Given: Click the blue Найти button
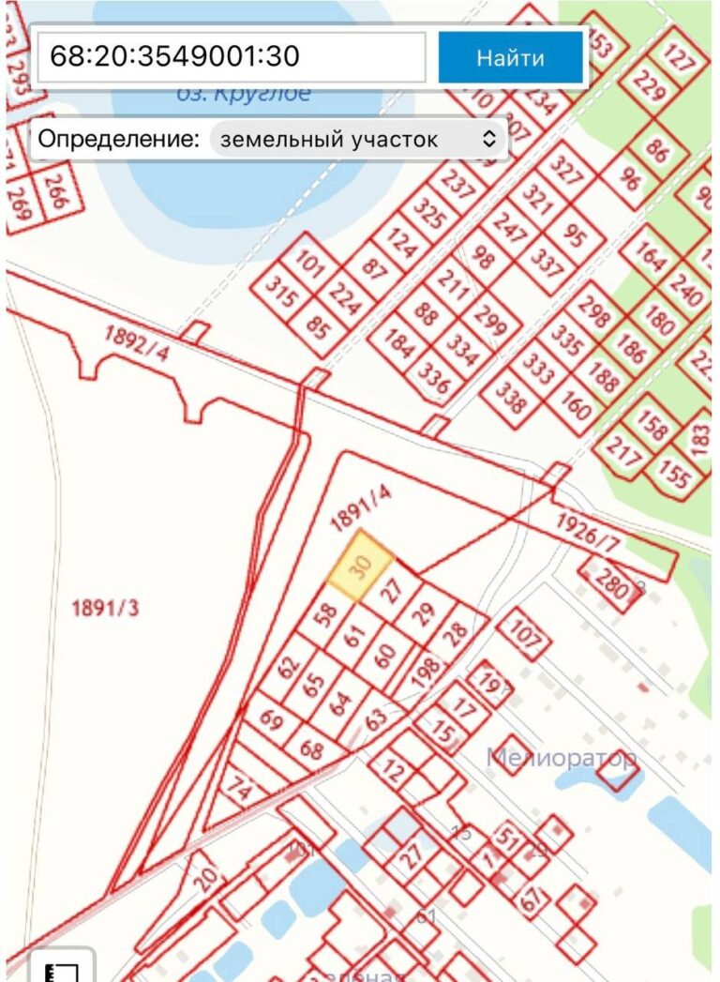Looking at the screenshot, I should click(510, 57).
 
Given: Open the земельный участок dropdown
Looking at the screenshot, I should click(358, 140).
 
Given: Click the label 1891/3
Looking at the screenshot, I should click(105, 608).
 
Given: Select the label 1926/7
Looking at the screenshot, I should click(588, 532).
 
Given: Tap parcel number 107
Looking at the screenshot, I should click(527, 638).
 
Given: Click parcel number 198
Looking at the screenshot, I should click(427, 672).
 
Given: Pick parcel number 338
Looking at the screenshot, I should click(511, 400).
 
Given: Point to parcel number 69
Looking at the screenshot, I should click(271, 720).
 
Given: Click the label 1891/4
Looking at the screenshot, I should click(361, 507).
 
